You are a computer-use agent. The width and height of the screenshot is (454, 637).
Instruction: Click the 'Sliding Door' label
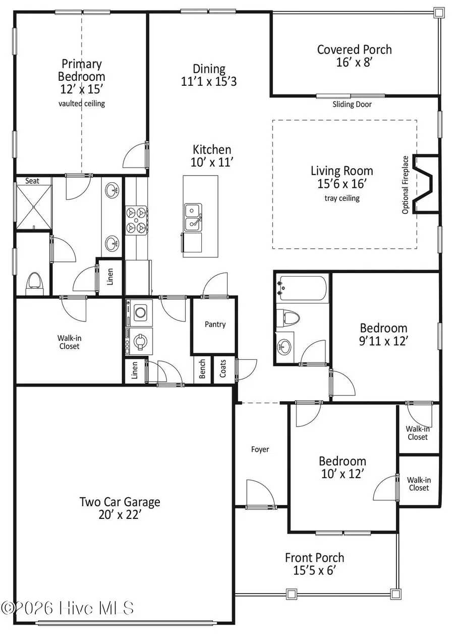pos(352,104)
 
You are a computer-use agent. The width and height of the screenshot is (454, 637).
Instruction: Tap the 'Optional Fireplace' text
pos(405,185)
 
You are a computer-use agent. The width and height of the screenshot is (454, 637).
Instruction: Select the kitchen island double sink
pos(192,217)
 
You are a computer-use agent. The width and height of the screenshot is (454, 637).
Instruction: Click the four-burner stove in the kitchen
pos(136,221)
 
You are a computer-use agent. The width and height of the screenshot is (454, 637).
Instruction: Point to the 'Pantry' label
pos(215,325)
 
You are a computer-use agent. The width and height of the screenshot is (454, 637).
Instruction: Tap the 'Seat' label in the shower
pos(32,181)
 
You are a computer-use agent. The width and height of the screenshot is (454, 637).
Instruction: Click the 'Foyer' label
pos(260,449)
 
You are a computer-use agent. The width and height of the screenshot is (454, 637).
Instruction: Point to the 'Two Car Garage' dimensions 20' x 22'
pos(120,515)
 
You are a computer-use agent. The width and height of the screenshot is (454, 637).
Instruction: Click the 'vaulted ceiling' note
pos(82,103)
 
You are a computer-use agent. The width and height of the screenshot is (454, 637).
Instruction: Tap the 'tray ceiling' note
pos(342,198)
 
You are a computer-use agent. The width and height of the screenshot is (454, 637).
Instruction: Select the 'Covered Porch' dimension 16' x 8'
pos(354,63)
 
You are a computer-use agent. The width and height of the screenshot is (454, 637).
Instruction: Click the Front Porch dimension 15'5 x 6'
pos(314,570)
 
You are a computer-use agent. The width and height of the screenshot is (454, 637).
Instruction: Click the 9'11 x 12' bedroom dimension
pos(383,341)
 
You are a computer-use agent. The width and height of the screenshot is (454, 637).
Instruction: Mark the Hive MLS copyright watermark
pos(68,608)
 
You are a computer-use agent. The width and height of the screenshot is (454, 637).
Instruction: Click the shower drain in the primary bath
pos(34,206)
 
